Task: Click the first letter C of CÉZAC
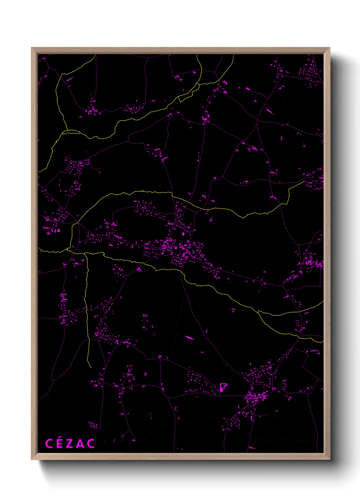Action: (49, 443)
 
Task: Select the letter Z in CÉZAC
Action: (70, 443)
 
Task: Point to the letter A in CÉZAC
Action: (80, 443)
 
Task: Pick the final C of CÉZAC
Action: (91, 443)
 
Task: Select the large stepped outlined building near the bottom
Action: (223, 387)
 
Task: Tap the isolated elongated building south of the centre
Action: (189, 337)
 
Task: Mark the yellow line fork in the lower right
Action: (259, 311)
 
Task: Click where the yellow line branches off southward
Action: (86, 254)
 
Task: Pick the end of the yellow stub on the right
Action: (304, 181)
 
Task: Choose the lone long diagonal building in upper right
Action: (269, 111)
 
